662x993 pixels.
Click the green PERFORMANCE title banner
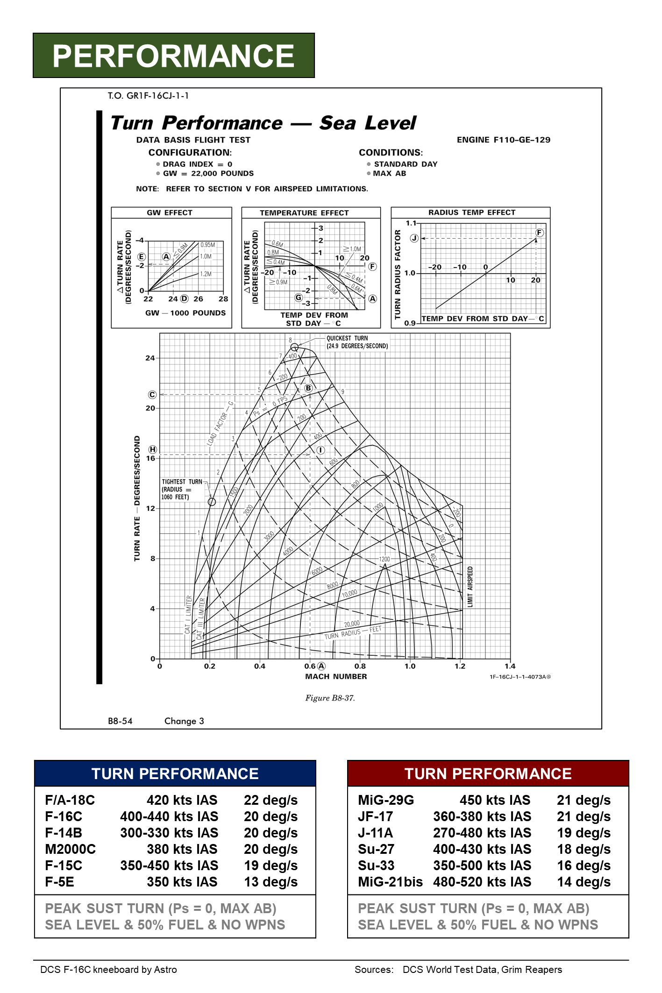pyautogui.click(x=174, y=56)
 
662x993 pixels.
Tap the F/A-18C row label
pyautogui.click(x=70, y=800)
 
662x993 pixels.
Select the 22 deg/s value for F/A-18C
pyautogui.click(x=270, y=800)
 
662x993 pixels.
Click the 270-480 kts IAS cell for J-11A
pyautogui.click(x=482, y=833)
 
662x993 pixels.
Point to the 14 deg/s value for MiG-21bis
pyautogui.click(x=584, y=882)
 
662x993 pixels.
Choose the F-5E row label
pyautogui.click(x=60, y=882)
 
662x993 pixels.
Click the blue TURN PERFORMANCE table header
pyautogui.click(x=175, y=774)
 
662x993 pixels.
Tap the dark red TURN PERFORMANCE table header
pyautogui.click(x=488, y=774)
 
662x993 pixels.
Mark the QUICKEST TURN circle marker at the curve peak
pyautogui.click(x=294, y=347)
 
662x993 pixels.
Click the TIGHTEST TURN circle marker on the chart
pyautogui.click(x=212, y=502)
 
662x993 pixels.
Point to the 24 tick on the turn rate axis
pyautogui.click(x=150, y=358)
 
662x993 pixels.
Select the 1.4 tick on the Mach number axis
pyautogui.click(x=510, y=667)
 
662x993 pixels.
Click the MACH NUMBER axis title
pyautogui.click(x=336, y=676)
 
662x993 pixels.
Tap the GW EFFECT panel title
pyautogui.click(x=170, y=213)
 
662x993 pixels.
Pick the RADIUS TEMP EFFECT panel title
pyautogui.click(x=472, y=213)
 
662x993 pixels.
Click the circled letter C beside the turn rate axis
pyautogui.click(x=152, y=395)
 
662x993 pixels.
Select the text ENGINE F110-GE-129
pyautogui.click(x=504, y=140)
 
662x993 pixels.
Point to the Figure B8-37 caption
pyautogui.click(x=330, y=698)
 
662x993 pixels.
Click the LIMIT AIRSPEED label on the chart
pyautogui.click(x=470, y=587)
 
